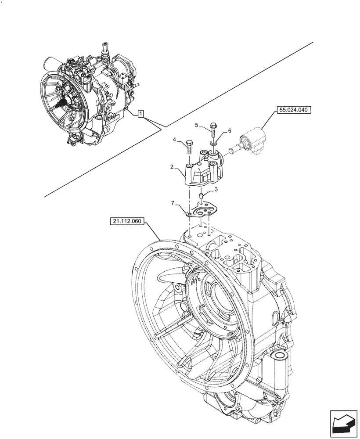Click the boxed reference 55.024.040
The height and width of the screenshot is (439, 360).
click(x=293, y=111)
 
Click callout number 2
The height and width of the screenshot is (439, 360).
click(x=172, y=167)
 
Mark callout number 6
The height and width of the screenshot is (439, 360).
click(x=230, y=131)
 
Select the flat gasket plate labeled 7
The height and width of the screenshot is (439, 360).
click(x=203, y=211)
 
